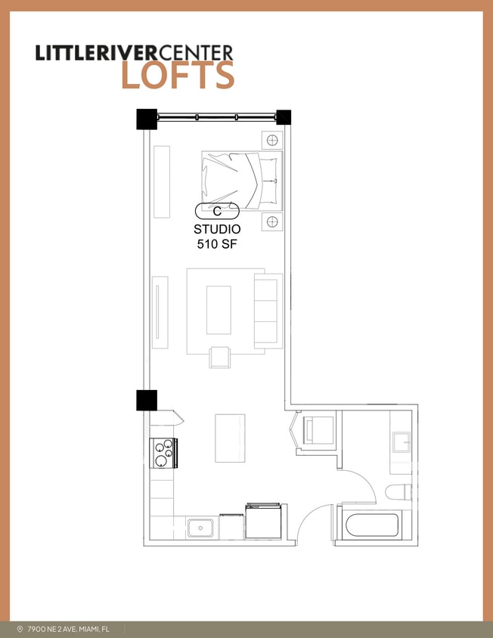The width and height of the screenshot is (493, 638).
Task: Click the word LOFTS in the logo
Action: pyautogui.click(x=178, y=76)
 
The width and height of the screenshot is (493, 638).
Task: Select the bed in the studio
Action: pyautogui.click(x=241, y=181)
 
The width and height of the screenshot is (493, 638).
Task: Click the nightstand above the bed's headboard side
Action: pyautogui.click(x=272, y=140)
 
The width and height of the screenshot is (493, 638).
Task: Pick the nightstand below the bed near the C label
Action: pyautogui.click(x=272, y=221)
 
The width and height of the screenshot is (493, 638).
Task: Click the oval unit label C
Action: pyautogui.click(x=217, y=211)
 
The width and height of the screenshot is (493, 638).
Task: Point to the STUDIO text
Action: pyautogui.click(x=217, y=229)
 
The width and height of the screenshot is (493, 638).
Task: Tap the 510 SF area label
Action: pyautogui.click(x=217, y=243)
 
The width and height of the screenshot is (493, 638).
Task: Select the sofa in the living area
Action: pyautogui.click(x=268, y=311)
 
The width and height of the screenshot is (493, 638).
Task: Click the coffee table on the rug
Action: pyautogui.click(x=219, y=309)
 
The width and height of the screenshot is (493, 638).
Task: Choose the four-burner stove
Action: pyautogui.click(x=164, y=454)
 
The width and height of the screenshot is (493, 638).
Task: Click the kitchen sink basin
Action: pyautogui.click(x=200, y=527)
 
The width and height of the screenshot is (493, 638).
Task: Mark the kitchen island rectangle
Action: pyautogui.click(x=230, y=438)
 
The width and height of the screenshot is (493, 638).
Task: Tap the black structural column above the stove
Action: pyautogui.click(x=147, y=400)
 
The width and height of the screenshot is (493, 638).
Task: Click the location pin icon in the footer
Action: pyautogui.click(x=19, y=629)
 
